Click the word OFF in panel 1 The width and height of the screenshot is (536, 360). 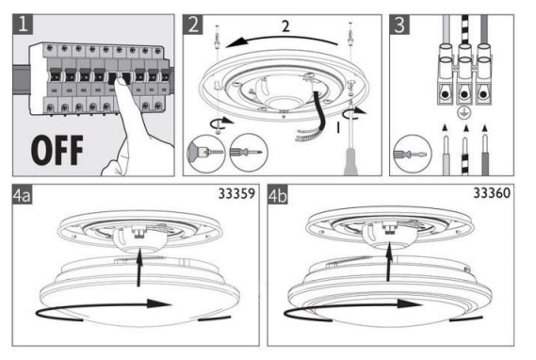57,150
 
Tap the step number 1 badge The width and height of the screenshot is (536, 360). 23,25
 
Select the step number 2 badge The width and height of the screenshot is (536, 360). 193,25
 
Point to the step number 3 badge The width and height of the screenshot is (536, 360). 399,25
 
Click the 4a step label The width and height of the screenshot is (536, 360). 23,194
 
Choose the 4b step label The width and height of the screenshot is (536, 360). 278,194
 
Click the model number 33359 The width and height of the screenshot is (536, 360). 236,194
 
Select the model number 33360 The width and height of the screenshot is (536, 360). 492,193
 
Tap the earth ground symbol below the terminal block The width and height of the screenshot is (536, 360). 464,112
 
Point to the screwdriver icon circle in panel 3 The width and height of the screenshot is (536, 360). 413,154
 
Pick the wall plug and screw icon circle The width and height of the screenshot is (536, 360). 206,153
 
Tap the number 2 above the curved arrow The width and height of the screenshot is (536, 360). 286,26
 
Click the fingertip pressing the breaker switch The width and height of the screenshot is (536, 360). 120,82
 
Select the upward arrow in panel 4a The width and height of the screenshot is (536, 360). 138,268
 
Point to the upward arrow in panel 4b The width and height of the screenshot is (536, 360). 389,262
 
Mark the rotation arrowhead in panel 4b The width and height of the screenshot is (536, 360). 409,303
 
